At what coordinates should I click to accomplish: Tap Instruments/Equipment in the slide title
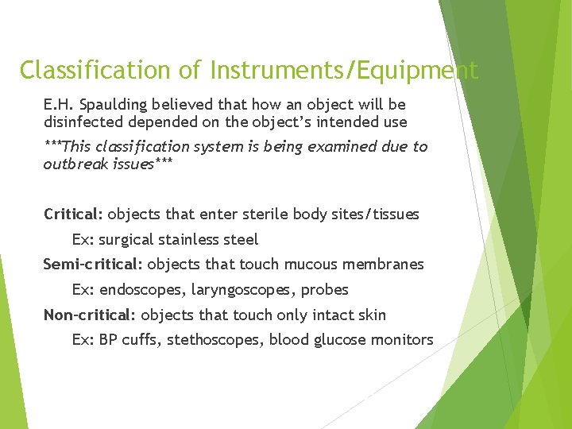tap(344, 71)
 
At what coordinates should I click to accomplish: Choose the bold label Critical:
tap(73, 214)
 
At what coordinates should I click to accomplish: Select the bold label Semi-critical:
tap(93, 265)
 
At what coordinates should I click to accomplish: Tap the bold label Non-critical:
tap(90, 315)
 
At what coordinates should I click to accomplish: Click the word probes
tap(326, 290)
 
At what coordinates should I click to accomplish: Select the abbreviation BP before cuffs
tap(108, 340)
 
